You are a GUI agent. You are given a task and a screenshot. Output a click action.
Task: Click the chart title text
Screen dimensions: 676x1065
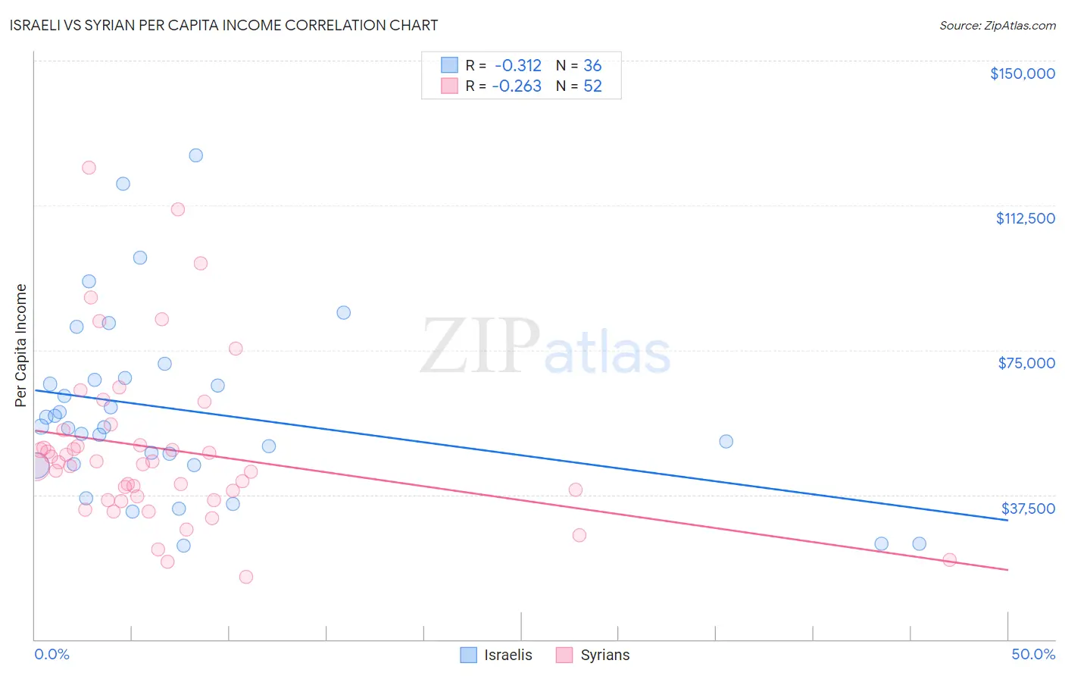(223, 25)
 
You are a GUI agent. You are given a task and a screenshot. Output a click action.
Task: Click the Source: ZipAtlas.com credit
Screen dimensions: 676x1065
(997, 26)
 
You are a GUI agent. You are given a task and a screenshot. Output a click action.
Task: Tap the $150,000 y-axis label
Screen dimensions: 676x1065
(1022, 74)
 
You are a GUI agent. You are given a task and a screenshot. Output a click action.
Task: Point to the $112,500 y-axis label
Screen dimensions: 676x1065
(1025, 218)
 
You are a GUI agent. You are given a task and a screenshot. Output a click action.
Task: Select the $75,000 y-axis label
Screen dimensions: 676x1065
(1026, 363)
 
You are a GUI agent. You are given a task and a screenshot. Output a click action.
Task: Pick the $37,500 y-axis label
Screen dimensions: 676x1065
(1028, 509)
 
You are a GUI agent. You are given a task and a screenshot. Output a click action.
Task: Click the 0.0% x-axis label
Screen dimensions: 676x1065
(52, 654)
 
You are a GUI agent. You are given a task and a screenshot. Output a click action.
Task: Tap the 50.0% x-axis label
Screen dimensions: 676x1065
(1033, 654)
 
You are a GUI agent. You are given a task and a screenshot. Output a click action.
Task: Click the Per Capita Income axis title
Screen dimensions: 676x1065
(21, 345)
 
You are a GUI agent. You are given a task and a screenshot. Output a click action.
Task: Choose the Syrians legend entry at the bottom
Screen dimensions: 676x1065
(593, 655)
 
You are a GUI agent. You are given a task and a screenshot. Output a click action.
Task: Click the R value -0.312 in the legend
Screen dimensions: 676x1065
(518, 66)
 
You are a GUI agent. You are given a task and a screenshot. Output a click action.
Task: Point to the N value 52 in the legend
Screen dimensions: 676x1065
(592, 86)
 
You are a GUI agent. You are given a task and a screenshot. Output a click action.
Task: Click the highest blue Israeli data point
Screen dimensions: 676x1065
(195, 155)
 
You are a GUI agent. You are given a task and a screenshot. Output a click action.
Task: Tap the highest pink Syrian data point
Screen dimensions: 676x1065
(89, 167)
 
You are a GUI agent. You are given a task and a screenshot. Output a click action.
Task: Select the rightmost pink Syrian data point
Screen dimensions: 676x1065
(949, 560)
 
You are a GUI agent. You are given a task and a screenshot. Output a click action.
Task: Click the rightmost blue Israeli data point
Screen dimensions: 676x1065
(919, 543)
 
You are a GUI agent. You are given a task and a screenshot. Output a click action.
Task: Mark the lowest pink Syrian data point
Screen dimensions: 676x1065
(245, 577)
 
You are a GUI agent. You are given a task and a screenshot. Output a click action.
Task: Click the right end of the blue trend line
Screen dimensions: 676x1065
(1007, 520)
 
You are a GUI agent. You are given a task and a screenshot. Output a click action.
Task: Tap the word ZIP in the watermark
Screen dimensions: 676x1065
(480, 346)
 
